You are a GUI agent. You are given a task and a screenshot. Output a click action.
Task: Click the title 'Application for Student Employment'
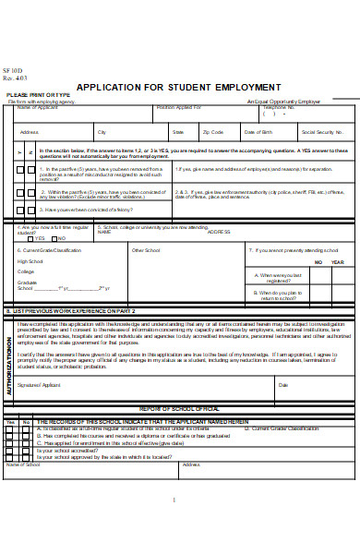point(178,86)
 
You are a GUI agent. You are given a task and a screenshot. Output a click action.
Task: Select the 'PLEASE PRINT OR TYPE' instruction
point(38,95)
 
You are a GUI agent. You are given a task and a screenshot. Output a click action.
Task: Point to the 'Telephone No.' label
point(279,107)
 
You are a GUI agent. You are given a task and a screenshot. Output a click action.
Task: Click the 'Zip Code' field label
point(212,132)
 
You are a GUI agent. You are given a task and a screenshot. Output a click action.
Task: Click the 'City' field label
point(102,132)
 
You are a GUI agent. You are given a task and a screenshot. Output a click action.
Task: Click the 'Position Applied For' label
point(178,107)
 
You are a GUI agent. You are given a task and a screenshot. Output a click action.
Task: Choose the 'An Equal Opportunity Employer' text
point(283,101)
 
